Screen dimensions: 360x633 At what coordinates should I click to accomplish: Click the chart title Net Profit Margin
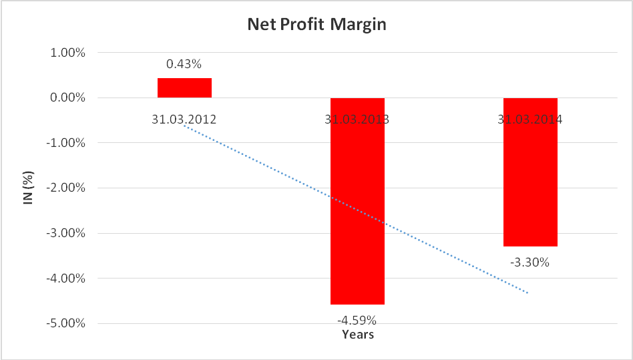click(x=316, y=25)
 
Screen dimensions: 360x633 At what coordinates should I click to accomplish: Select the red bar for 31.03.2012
click(x=184, y=88)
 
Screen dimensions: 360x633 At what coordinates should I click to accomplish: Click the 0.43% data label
click(x=184, y=65)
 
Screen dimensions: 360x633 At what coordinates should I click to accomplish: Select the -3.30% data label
click(x=530, y=262)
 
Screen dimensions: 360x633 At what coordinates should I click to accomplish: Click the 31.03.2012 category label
click(x=184, y=120)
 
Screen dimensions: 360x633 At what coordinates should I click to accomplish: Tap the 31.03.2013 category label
click(x=357, y=120)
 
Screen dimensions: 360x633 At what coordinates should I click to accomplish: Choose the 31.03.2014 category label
click(x=530, y=120)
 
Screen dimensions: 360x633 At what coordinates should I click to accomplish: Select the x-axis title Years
click(x=358, y=334)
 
